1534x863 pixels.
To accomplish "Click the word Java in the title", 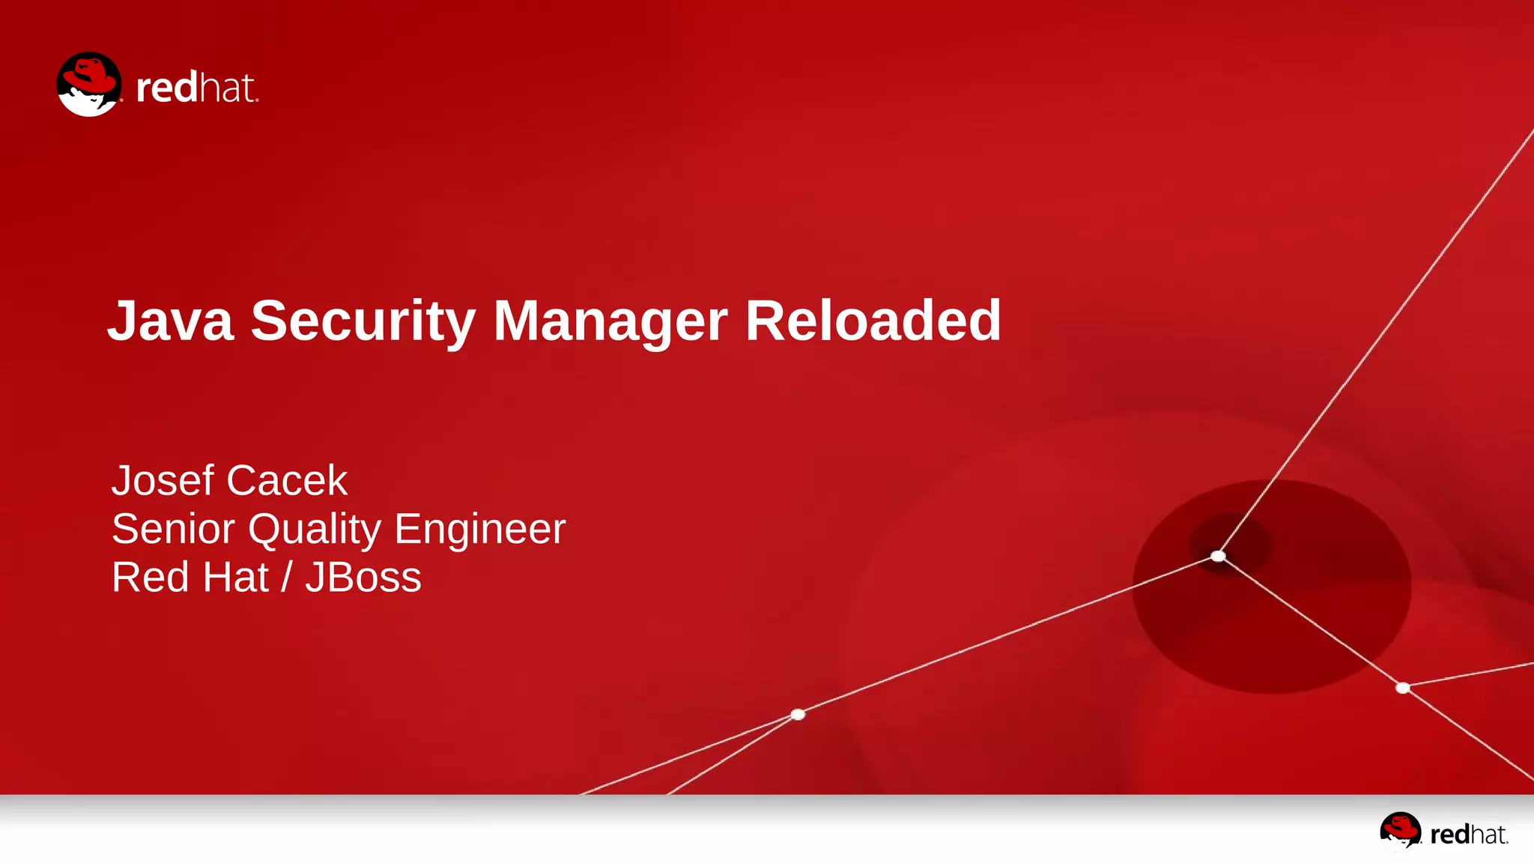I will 171,321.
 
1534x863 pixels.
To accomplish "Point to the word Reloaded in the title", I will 873,321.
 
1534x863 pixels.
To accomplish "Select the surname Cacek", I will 287,480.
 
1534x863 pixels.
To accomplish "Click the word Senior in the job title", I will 173,529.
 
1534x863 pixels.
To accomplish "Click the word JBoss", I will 363,578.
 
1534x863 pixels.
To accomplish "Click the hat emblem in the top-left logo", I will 89,84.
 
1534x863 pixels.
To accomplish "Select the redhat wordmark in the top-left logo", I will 197,88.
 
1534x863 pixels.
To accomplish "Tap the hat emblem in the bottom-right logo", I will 1400,831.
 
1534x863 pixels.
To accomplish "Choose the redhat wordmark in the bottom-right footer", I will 1469,835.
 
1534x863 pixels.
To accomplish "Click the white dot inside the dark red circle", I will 1218,556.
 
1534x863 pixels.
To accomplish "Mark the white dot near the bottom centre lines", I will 798,714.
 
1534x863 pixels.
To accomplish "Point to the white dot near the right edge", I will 1402,688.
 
